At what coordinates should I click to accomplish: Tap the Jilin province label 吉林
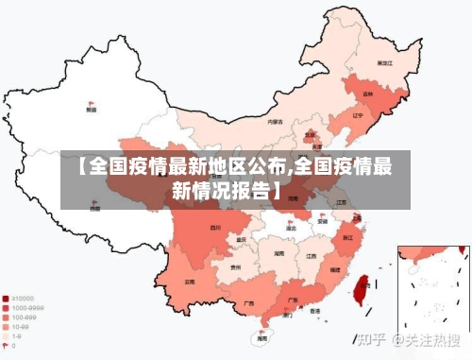point(369,94)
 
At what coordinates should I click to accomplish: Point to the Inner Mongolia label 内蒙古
point(275,122)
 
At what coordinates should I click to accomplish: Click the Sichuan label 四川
point(215,227)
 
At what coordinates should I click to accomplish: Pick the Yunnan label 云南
point(190,281)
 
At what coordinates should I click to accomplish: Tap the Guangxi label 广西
point(248,302)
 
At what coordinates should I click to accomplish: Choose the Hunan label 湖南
point(279,254)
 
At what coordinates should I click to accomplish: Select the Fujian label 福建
point(333,270)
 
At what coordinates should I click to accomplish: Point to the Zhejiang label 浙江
point(348,237)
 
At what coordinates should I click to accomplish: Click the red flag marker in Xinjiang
point(92,103)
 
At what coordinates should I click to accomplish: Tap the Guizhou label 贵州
point(235,267)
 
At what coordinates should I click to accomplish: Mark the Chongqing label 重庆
point(244,240)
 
